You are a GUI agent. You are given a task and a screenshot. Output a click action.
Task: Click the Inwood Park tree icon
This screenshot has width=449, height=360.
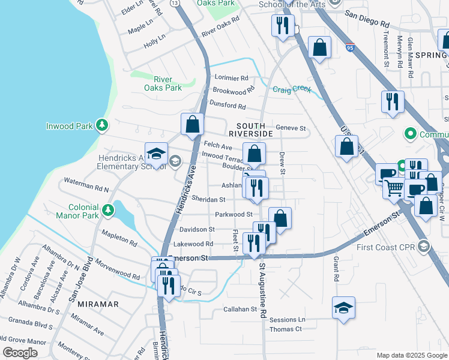pos(103,125)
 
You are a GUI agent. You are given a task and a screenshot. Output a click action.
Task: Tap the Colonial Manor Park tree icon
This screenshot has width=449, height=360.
pos(107,210)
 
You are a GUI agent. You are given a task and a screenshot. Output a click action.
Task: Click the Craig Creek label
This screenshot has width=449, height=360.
pos(292,89)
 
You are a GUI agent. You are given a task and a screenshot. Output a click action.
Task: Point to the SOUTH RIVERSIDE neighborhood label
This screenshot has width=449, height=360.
pos(251,128)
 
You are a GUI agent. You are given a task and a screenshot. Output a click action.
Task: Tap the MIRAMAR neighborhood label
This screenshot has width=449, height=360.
pos(99,304)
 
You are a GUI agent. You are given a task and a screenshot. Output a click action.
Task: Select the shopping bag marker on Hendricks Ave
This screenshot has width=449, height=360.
pos(193,125)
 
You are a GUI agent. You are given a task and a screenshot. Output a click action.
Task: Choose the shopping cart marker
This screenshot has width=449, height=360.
pos(394,189)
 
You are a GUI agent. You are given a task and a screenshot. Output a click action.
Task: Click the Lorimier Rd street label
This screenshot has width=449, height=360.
pos(231,78)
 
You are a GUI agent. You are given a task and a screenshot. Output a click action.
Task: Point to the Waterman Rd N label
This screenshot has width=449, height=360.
pos(86,189)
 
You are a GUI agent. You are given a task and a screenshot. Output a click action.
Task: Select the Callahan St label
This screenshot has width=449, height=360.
pos(240,310)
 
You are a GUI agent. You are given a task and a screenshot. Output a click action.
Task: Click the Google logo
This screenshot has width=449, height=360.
pos(20,353)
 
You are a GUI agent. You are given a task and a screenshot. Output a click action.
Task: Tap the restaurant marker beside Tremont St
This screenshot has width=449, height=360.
pos(393,101)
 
